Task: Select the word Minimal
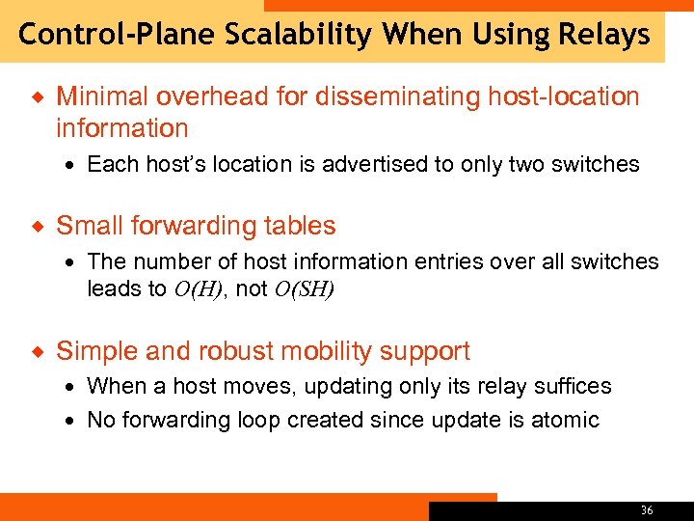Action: (100, 96)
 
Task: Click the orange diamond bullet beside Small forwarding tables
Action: (38, 227)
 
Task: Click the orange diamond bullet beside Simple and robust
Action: (38, 351)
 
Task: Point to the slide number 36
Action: (646, 509)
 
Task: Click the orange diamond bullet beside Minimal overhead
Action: (38, 96)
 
